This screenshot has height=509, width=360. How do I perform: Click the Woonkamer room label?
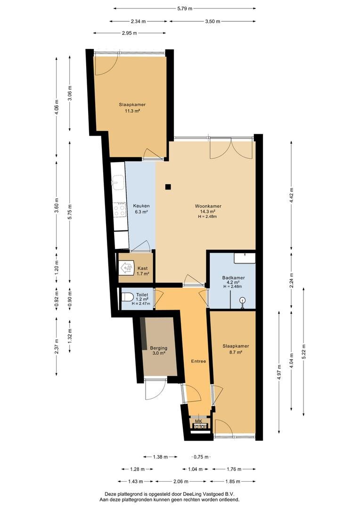click(208, 206)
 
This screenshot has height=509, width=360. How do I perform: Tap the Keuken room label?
click(141, 206)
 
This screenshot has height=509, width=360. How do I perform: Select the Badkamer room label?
click(233, 278)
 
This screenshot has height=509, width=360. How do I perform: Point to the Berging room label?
click(159, 348)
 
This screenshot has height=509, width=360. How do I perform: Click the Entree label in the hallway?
click(198, 361)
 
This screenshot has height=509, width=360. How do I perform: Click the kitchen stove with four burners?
click(120, 209)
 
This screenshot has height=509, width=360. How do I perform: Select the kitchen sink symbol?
click(117, 182)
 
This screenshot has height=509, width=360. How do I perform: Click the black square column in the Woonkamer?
click(168, 187)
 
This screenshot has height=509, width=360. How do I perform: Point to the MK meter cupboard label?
click(198, 421)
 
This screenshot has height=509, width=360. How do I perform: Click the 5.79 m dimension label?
click(185, 9)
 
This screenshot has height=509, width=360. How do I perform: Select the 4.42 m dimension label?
click(291, 196)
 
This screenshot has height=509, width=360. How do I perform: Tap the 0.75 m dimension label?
click(201, 457)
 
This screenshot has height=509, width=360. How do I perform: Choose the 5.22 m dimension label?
click(304, 351)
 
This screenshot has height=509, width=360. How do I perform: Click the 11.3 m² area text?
click(132, 111)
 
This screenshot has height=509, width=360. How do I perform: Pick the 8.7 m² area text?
click(236, 352)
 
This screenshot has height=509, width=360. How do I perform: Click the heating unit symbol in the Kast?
click(127, 268)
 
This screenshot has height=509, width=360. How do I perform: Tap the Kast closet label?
click(142, 268)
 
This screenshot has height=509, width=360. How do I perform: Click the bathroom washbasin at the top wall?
click(244, 257)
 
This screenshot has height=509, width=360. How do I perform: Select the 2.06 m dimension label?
click(181, 481)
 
